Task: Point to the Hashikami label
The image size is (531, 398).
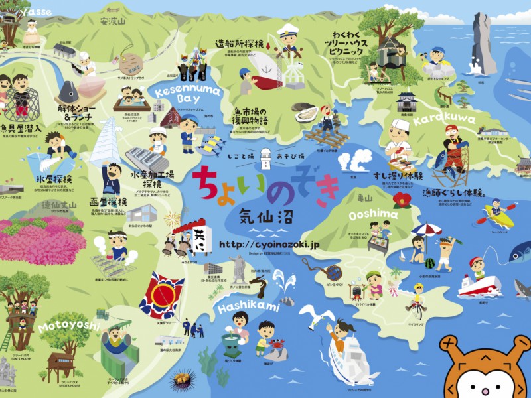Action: point(247,297)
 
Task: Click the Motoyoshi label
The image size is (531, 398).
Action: point(68,326)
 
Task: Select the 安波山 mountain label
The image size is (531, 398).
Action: point(112,21)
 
